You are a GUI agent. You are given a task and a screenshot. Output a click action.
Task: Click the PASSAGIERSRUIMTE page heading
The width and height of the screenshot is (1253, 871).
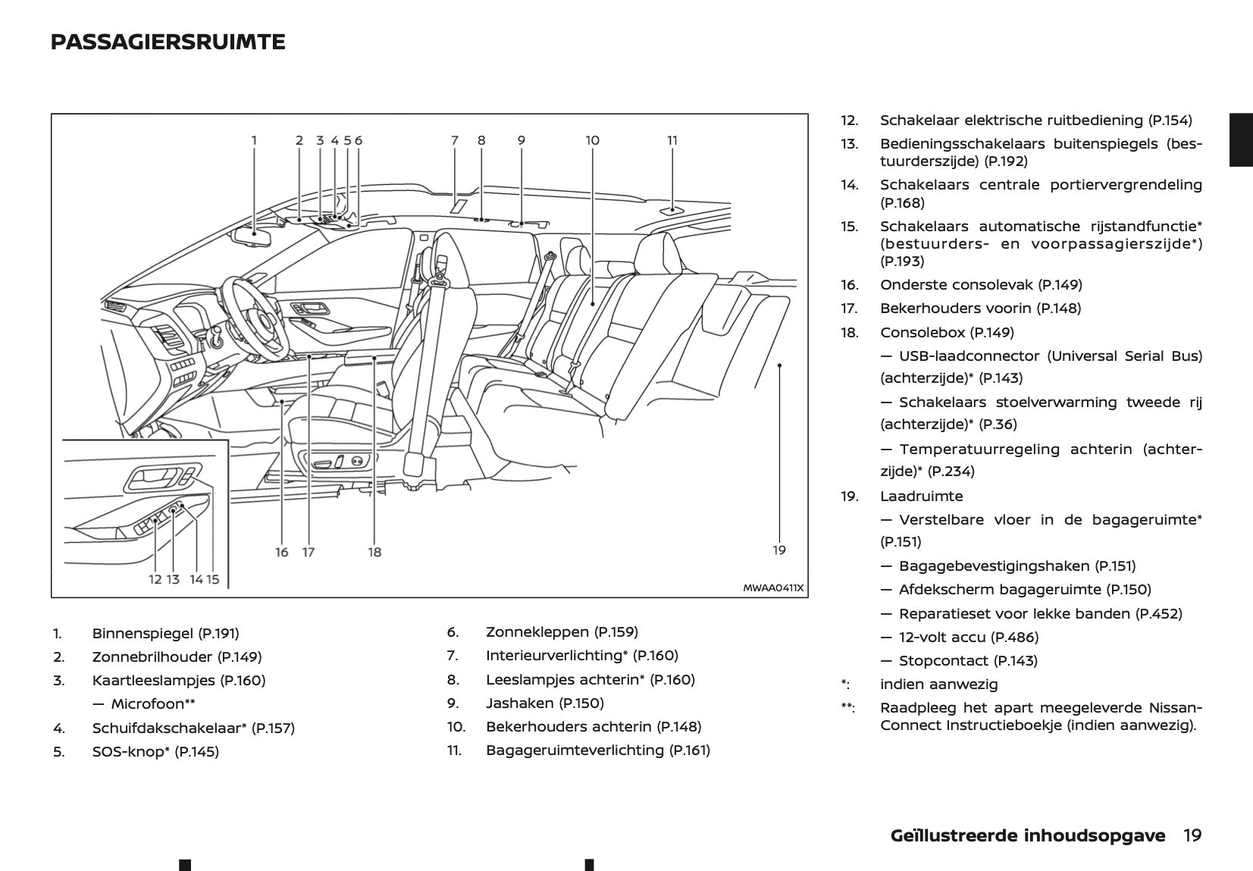tap(168, 42)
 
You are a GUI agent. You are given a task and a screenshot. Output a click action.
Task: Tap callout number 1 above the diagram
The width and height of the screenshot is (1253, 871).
tap(255, 140)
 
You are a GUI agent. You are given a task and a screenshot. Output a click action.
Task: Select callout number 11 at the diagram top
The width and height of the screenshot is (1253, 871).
tap(672, 140)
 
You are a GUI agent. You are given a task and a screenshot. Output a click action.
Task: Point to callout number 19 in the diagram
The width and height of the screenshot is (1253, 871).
tap(779, 550)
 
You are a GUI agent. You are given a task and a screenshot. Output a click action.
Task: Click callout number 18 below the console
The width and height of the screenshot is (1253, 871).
tap(374, 553)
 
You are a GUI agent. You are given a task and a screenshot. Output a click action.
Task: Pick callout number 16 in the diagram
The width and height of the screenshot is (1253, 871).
tap(282, 553)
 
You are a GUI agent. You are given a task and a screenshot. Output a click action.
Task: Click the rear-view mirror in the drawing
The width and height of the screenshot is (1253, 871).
tap(252, 237)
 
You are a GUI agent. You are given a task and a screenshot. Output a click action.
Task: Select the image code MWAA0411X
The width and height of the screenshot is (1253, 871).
tap(772, 587)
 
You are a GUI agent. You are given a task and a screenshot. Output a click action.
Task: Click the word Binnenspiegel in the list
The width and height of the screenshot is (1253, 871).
tap(143, 634)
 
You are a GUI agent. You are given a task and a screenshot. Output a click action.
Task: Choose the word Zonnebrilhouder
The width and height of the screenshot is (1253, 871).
tap(152, 657)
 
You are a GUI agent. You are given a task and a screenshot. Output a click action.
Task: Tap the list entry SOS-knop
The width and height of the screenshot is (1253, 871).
tap(129, 752)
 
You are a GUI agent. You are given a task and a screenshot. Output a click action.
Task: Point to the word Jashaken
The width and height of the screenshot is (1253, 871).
tap(519, 703)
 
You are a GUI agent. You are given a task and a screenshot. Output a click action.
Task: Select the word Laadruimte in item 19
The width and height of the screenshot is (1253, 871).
tap(921, 497)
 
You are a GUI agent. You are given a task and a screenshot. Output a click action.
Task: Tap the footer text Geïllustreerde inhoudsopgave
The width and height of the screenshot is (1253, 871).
tap(1028, 835)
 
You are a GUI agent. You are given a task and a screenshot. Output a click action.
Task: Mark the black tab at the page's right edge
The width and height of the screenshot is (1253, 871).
tap(1241, 139)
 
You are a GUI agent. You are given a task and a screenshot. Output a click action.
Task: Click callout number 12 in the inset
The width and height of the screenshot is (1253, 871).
tap(155, 580)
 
